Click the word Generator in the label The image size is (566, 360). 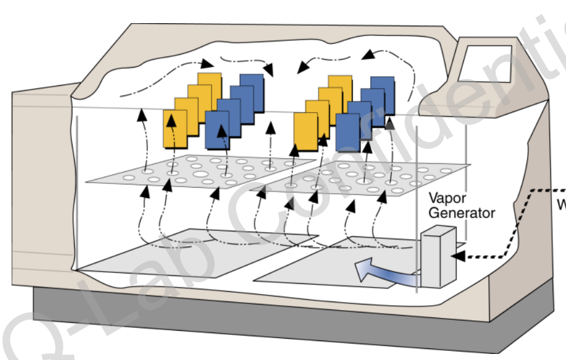coord(461,213)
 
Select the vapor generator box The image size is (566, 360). coord(439,258)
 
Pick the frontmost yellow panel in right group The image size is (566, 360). coord(306,130)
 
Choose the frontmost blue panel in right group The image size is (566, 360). coord(348,132)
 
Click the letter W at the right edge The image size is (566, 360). coord(562,205)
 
